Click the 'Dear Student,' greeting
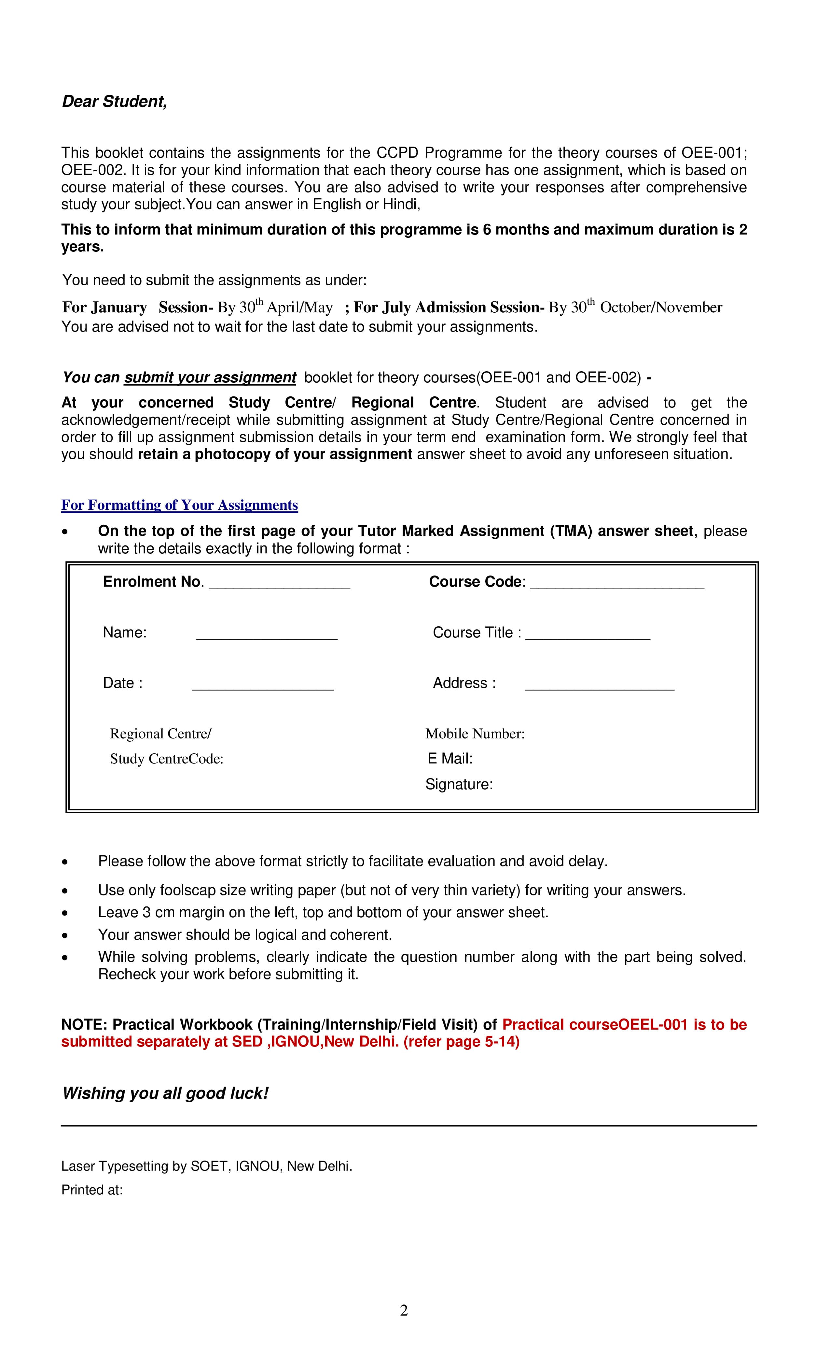click(x=114, y=102)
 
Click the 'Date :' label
click(x=123, y=683)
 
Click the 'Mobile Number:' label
click(x=475, y=734)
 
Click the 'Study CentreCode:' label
click(x=166, y=759)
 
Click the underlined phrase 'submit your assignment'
click(x=210, y=378)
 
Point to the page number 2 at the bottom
click(x=404, y=1310)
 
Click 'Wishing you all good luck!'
click(x=165, y=1093)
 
